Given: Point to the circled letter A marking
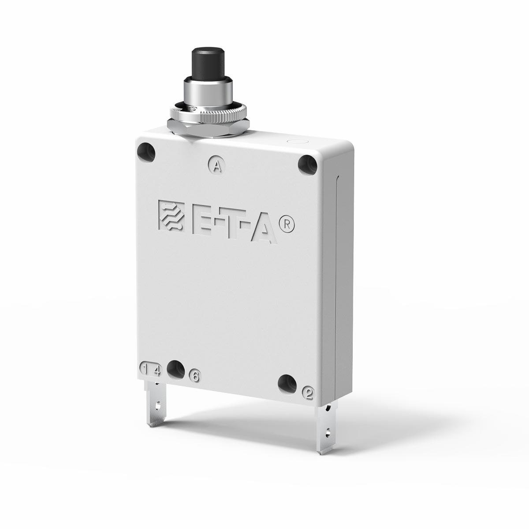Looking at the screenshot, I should coord(216,166).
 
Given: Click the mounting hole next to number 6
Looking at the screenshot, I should coord(176,369).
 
